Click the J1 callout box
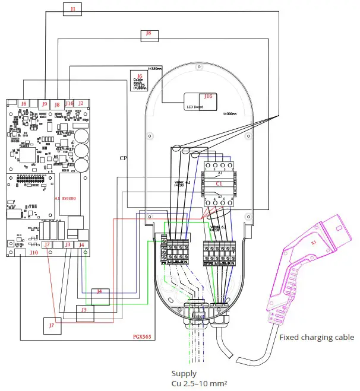pyautogui.click(x=73, y=9)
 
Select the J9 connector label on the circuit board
pyautogui.click(x=45, y=104)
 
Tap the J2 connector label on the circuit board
pyautogui.click(x=81, y=104)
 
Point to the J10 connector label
pyautogui.click(x=34, y=252)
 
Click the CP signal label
pyautogui.click(x=123, y=158)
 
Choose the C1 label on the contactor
pyautogui.click(x=219, y=185)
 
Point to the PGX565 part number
pyautogui.click(x=143, y=336)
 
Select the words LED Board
pyautogui.click(x=195, y=107)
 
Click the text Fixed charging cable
pyautogui.click(x=316, y=337)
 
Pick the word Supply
pyautogui.click(x=184, y=374)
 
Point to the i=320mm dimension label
pyautogui.click(x=154, y=69)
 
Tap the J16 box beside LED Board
pyautogui.click(x=208, y=96)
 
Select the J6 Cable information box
pyautogui.click(x=140, y=81)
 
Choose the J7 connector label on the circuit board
pyautogui.click(x=47, y=244)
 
